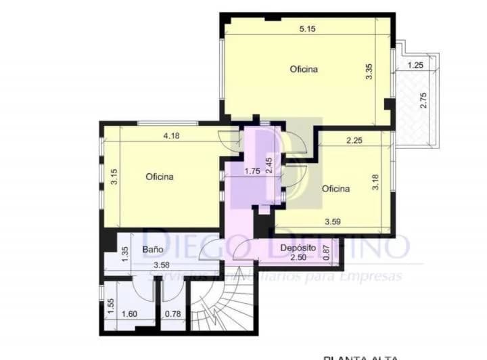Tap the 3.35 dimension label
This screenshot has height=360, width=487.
[x=369, y=72]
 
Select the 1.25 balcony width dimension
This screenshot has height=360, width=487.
[x=417, y=65]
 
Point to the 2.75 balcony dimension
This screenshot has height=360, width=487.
[x=423, y=100]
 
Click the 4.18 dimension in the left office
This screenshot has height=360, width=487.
[x=172, y=136]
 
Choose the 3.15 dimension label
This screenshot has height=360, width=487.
[x=115, y=177]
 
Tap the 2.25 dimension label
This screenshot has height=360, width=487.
[x=355, y=141]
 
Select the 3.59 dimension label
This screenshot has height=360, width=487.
[x=332, y=221]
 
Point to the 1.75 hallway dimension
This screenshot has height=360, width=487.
[x=252, y=171]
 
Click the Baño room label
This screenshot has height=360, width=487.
[x=152, y=249]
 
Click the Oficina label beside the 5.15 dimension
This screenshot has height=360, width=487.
[x=304, y=69]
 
